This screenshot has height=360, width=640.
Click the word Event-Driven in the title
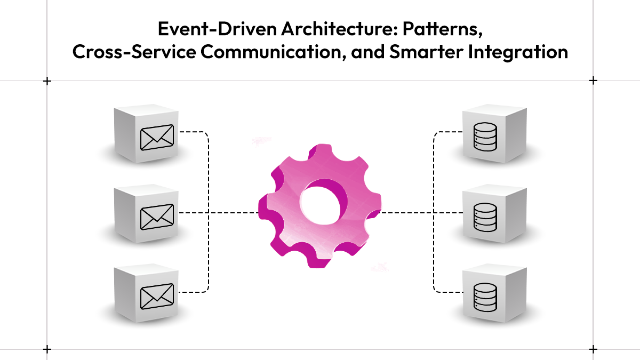(x=218, y=29)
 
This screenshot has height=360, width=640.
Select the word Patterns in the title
(x=443, y=30)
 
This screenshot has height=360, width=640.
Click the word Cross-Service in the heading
(x=134, y=52)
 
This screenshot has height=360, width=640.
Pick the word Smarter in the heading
(x=426, y=52)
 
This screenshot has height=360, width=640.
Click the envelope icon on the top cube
(x=157, y=138)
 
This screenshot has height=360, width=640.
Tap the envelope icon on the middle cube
(x=157, y=217)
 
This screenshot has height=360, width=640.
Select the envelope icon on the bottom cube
(x=157, y=297)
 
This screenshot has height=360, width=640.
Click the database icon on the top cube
(x=485, y=137)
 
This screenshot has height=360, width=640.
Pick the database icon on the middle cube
(x=485, y=217)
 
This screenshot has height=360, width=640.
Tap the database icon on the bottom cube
(x=485, y=297)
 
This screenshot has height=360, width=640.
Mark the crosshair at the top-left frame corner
(x=47, y=81)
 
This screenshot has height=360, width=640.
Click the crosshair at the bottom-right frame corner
(x=593, y=349)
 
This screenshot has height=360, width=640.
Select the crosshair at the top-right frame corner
(x=593, y=81)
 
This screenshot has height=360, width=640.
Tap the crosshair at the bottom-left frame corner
(x=47, y=349)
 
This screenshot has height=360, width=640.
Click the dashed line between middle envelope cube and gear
(x=219, y=213)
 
